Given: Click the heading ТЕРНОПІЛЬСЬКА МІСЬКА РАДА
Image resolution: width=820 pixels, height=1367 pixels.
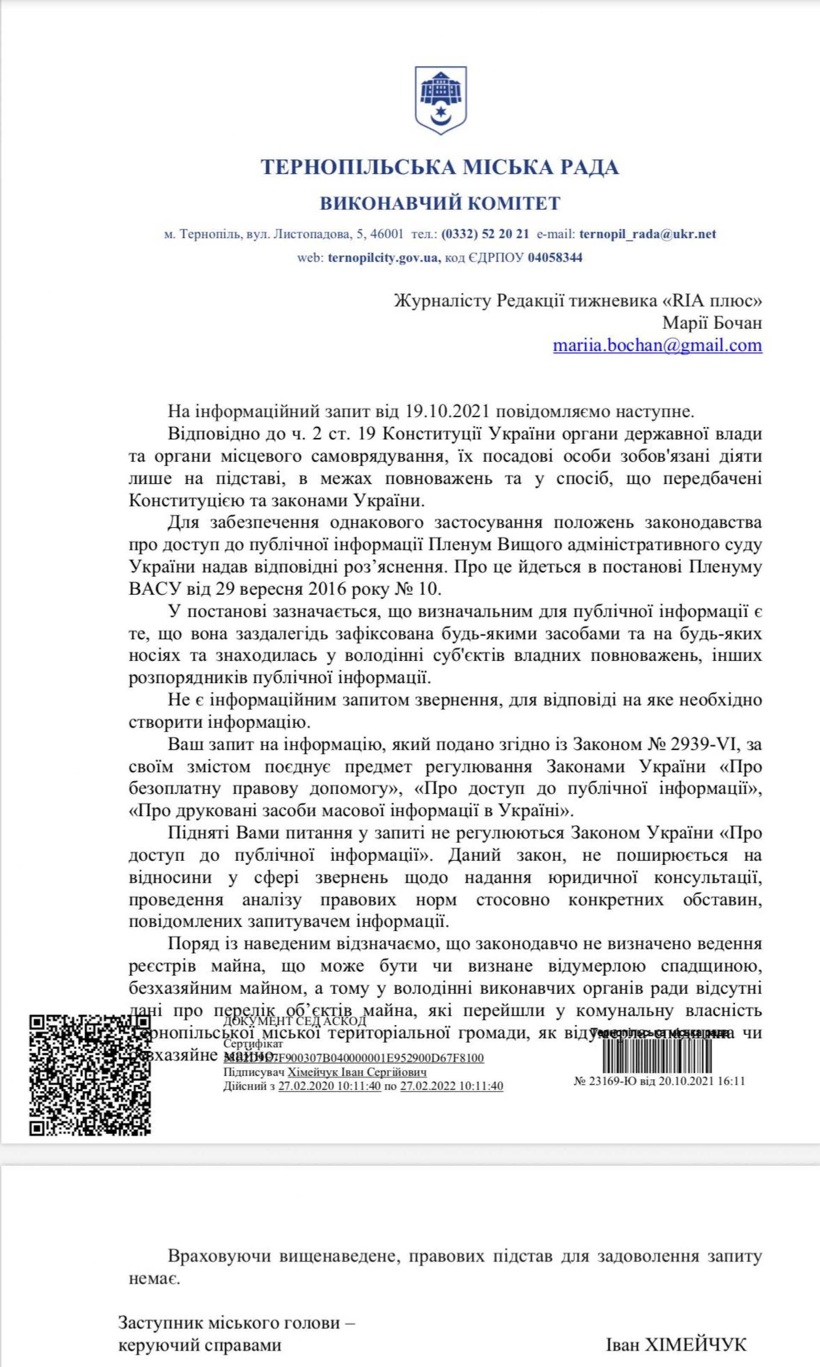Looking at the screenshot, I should pyautogui.click(x=439, y=167).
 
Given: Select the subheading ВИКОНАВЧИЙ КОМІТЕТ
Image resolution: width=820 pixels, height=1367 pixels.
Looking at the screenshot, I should pyautogui.click(x=440, y=204).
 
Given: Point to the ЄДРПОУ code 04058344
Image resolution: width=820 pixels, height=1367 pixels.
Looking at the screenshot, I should pyautogui.click(x=555, y=257).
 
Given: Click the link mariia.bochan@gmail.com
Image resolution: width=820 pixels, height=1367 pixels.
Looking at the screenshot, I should pyautogui.click(x=658, y=345).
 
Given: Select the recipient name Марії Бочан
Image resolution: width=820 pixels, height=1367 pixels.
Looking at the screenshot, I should pyautogui.click(x=712, y=323).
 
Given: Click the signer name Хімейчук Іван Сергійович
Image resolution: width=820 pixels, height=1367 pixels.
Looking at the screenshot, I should pyautogui.click(x=357, y=1072).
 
